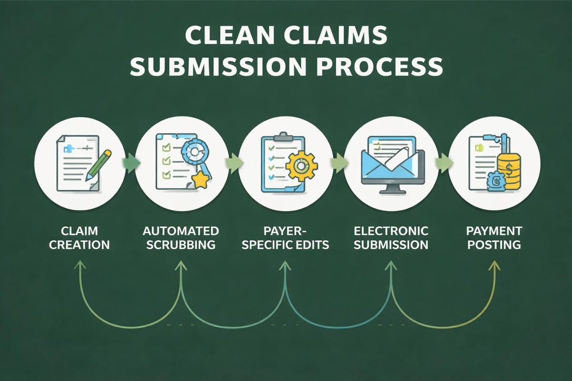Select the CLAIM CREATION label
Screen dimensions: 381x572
[x=80, y=238]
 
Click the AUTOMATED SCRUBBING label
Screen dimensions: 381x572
[x=181, y=238]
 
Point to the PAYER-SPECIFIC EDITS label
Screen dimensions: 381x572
[x=285, y=238]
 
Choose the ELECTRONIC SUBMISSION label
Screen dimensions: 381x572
[x=390, y=238]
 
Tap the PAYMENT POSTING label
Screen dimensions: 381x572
[x=494, y=238]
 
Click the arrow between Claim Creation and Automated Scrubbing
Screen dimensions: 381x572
[x=131, y=162]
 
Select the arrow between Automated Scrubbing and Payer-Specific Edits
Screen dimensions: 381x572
[x=234, y=162]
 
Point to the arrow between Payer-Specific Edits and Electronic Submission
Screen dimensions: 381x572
[x=338, y=162]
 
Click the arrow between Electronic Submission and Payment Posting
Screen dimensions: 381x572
[x=443, y=162]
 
